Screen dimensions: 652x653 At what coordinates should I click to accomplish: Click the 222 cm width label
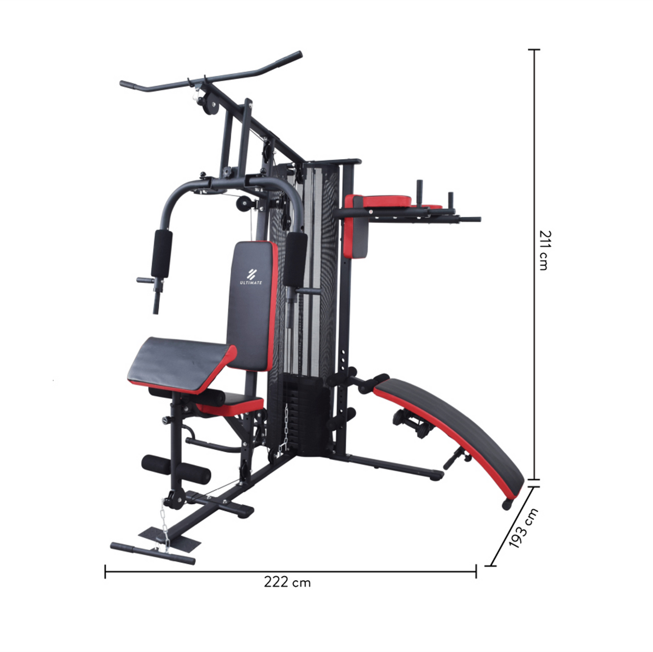287,582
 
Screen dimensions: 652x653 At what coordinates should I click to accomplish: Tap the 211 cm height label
545,250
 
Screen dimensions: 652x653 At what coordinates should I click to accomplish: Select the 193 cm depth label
523,528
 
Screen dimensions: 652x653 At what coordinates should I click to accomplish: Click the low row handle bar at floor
153,553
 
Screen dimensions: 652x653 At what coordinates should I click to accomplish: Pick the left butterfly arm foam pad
161,253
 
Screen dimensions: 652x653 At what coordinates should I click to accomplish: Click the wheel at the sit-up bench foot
507,505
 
